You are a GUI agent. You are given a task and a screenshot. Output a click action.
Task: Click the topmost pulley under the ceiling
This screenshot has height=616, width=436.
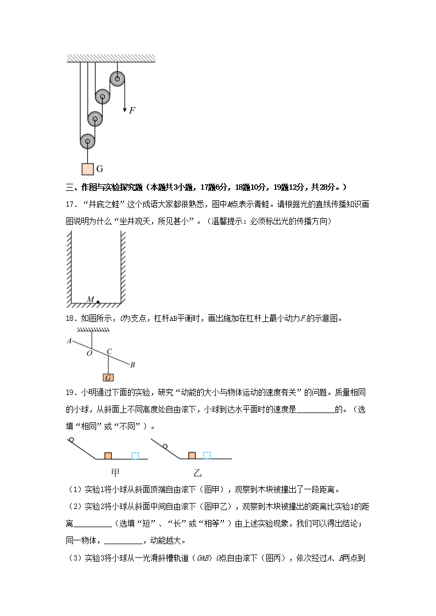click(x=117, y=79)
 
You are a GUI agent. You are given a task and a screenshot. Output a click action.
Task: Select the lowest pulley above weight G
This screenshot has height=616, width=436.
click(x=87, y=142)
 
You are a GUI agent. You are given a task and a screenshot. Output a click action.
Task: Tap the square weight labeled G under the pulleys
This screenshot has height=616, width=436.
click(x=87, y=169)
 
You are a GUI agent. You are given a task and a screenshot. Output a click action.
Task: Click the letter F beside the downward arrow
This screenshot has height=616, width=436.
click(x=132, y=110)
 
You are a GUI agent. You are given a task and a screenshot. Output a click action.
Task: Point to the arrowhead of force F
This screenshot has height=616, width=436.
click(x=125, y=109)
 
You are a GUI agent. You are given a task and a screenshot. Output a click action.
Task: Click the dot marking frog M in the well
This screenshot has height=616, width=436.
click(x=98, y=302)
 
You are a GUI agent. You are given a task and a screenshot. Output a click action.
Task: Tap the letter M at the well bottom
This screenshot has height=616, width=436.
click(x=91, y=299)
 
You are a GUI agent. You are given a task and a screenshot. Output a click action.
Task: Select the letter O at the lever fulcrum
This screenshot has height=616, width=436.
click(x=89, y=354)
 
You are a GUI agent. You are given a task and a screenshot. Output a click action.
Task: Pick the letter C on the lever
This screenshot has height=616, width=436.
click(x=109, y=352)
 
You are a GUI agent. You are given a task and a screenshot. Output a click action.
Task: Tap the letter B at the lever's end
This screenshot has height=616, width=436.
click(x=132, y=365)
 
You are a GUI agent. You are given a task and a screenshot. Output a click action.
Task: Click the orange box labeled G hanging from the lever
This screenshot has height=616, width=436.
click(x=109, y=377)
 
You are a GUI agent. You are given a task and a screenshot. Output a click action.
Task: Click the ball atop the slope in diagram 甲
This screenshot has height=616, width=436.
click(x=71, y=440)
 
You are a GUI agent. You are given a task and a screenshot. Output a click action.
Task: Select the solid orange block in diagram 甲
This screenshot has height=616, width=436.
click(x=108, y=455)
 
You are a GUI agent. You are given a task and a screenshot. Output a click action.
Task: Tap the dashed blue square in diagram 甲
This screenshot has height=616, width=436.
click(x=135, y=455)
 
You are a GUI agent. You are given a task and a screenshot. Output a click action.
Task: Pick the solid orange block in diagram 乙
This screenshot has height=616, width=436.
click(x=192, y=455)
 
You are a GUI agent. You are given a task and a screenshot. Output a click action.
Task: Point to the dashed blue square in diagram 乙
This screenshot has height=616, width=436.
click(x=207, y=455)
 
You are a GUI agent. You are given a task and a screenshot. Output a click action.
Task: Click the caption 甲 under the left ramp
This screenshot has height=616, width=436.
click(x=115, y=472)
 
